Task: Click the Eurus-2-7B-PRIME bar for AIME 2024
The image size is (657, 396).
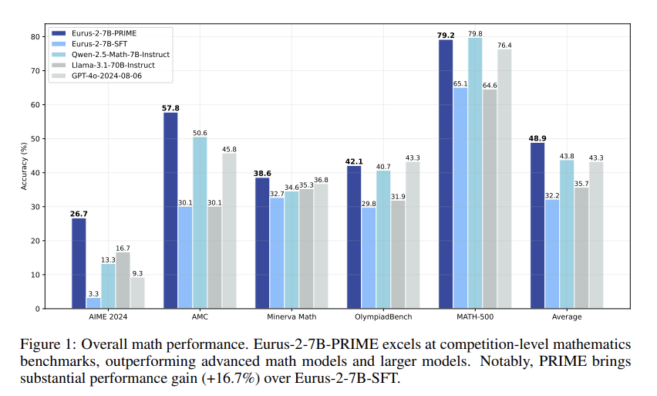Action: point(79,263)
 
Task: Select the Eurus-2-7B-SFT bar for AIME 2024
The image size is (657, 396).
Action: point(93,303)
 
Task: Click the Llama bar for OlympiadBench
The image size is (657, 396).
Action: point(398,254)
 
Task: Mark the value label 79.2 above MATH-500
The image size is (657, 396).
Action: point(445,33)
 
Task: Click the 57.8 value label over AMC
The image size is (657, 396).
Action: point(170,107)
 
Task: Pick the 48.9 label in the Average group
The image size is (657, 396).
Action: point(537,137)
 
